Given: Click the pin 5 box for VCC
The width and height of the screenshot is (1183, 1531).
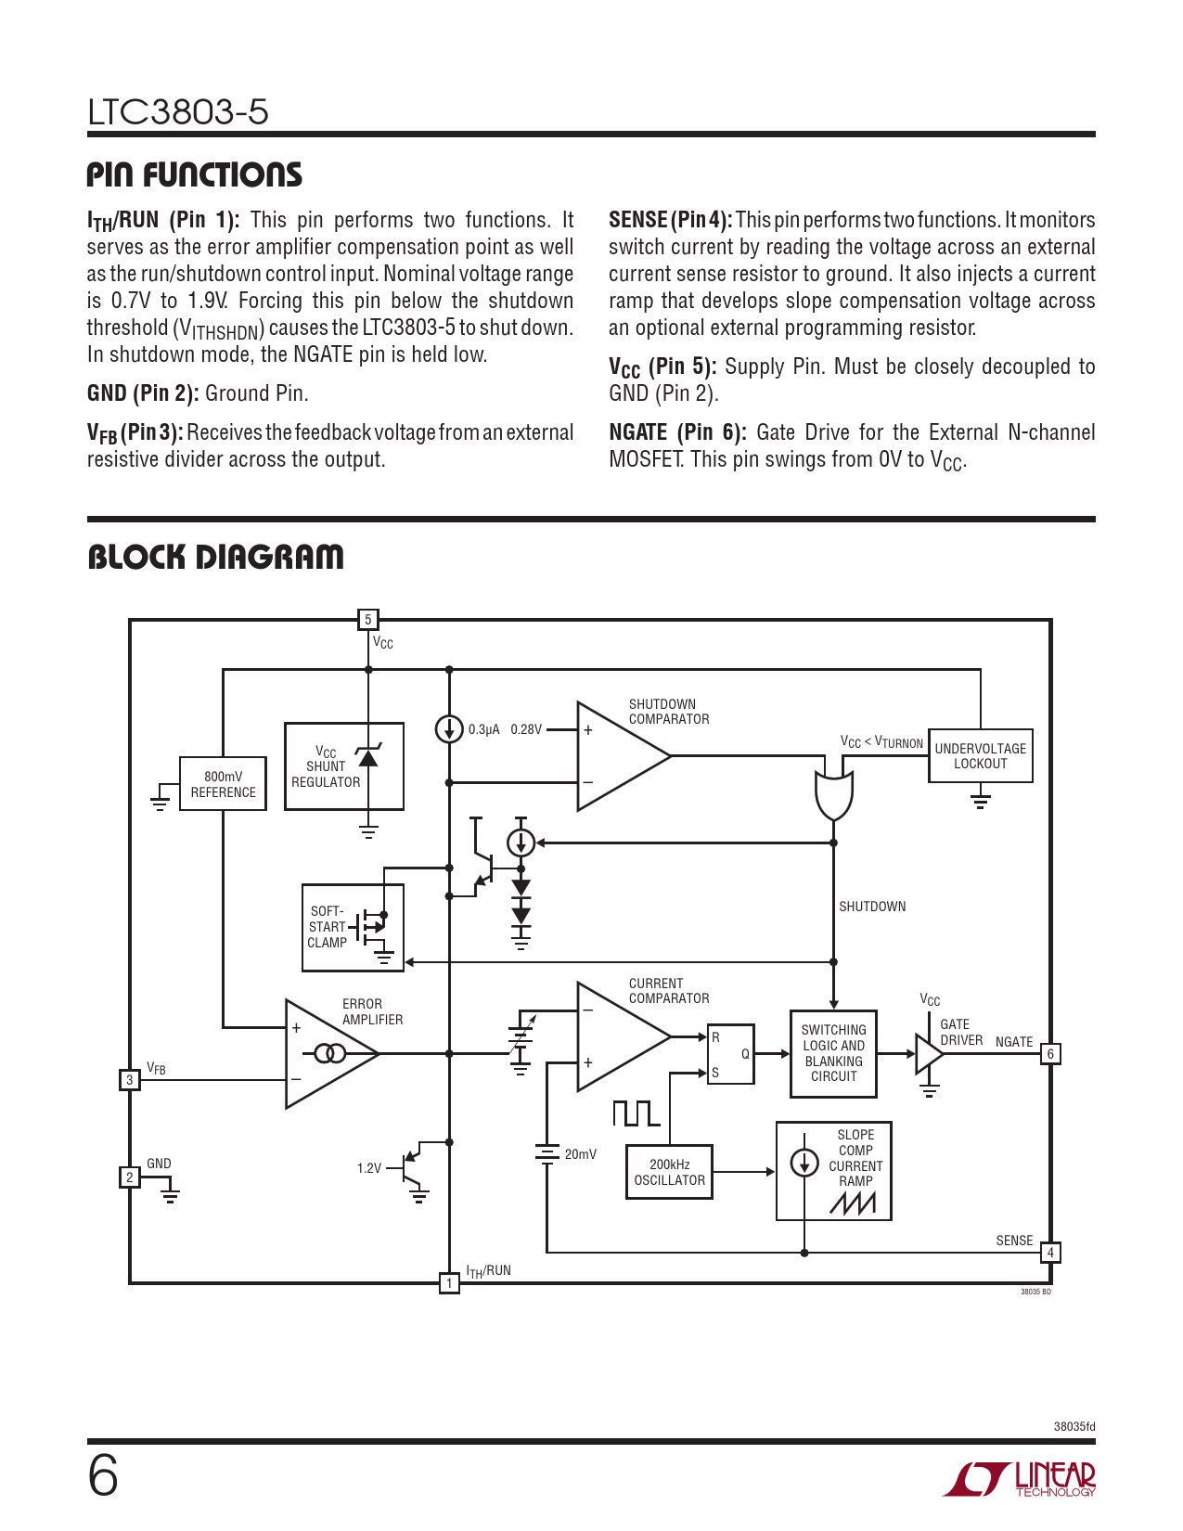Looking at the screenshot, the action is pos(367,620).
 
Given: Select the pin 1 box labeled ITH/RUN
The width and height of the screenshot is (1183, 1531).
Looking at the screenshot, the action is pos(449,1283).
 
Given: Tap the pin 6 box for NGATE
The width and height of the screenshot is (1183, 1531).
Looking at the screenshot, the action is pos(1050,1054).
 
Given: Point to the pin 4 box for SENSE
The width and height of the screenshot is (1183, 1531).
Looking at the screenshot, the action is pos(1050,1253).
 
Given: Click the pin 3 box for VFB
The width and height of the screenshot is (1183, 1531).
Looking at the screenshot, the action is pos(130,1079).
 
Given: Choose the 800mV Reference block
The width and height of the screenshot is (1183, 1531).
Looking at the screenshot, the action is pos(223,783).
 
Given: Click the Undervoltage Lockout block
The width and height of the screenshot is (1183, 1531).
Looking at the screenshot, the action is pos(980,755).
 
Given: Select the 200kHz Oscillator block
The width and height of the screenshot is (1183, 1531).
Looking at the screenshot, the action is pos(669,1172).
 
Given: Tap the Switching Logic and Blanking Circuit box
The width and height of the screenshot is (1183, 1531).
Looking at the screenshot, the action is pos(833,1053).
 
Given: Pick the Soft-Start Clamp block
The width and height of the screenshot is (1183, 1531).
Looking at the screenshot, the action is pos(353,927).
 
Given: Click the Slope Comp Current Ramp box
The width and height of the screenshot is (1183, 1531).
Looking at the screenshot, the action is pos(833,1171).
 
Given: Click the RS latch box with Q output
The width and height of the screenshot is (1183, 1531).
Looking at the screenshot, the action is pos(730,1053).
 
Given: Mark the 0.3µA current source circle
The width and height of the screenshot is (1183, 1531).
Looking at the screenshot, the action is pos(449,728).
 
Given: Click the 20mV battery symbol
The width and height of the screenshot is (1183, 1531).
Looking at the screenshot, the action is pos(546,1153).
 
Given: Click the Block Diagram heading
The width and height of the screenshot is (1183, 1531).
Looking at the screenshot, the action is pos(215,557).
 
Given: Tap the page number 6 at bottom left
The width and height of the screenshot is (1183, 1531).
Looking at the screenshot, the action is pos(103,1476).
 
